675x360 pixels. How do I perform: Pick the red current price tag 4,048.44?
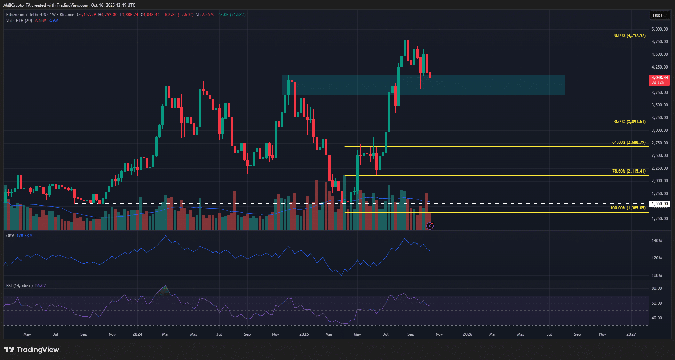(x=659, y=78)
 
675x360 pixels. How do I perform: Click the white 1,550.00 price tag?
(x=660, y=204)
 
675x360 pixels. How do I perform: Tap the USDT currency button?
(x=658, y=15)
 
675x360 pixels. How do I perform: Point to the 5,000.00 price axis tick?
(x=659, y=29)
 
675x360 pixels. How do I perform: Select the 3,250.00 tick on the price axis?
(x=659, y=118)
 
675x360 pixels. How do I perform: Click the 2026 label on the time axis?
(x=467, y=334)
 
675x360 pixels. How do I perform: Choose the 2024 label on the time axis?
(x=137, y=334)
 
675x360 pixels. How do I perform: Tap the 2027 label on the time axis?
(x=631, y=334)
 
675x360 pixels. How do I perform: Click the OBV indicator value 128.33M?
(x=24, y=236)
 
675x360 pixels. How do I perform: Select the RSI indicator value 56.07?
(x=40, y=286)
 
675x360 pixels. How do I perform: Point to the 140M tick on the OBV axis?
(x=657, y=241)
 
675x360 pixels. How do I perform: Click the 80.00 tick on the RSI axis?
(x=657, y=288)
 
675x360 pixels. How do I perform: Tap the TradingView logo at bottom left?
(x=32, y=350)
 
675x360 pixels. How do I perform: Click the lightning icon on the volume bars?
(x=430, y=226)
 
